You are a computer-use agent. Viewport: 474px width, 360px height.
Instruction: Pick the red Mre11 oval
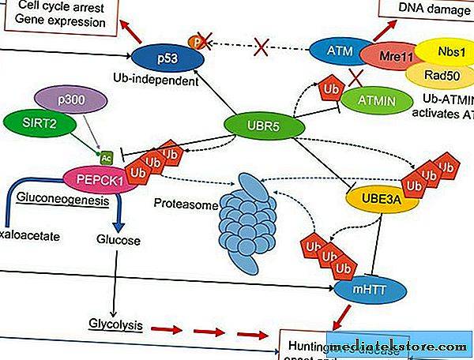(386, 58)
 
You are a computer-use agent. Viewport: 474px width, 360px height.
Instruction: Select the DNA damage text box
(427, 8)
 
